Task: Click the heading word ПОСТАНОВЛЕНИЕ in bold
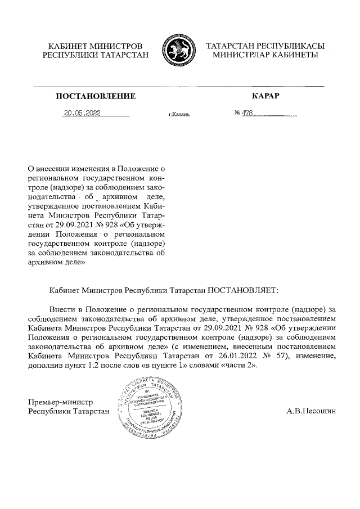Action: (x=96, y=97)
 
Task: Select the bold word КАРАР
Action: (x=266, y=96)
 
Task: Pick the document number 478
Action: (x=247, y=113)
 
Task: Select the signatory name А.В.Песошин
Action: (x=311, y=412)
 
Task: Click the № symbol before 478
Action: (x=237, y=113)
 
